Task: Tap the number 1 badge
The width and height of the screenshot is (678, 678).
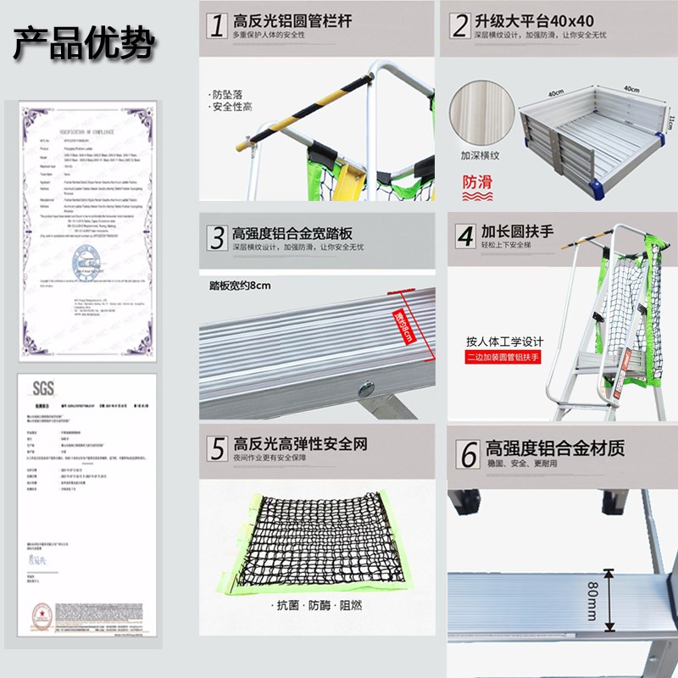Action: (216, 25)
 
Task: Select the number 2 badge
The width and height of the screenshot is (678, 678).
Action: (459, 25)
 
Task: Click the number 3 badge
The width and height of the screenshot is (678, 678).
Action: (216, 236)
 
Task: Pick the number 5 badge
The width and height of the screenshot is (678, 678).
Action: (217, 448)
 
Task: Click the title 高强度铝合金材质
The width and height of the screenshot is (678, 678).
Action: (555, 447)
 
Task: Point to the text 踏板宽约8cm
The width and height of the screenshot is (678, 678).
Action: (240, 285)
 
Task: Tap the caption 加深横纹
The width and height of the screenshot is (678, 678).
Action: (480, 155)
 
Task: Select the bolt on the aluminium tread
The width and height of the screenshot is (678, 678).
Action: (365, 389)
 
